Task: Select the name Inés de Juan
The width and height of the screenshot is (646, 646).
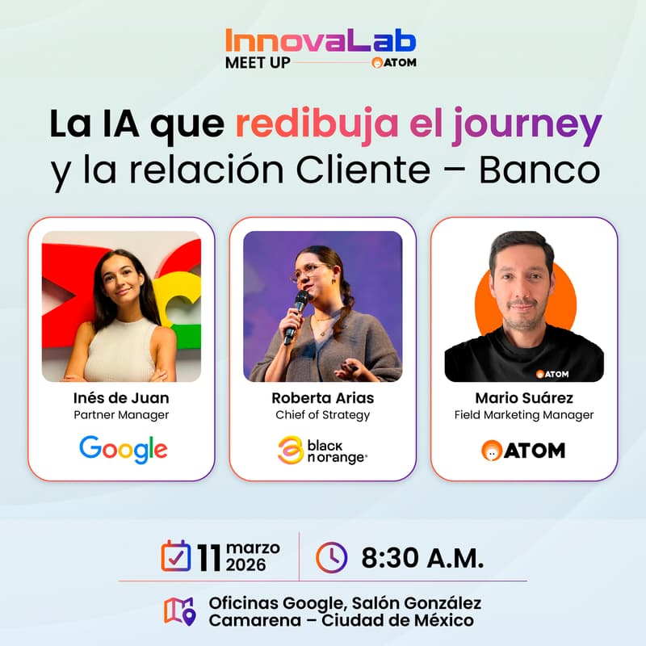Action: point(121,398)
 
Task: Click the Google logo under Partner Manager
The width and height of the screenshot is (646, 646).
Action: point(123,449)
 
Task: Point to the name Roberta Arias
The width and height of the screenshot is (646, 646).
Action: point(322,398)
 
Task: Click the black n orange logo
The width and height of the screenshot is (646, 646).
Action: point(322,450)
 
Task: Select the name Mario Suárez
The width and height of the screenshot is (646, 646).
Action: point(524,398)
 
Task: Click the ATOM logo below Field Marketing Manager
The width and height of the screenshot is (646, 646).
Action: point(523,450)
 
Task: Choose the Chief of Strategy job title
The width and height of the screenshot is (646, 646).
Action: point(322,415)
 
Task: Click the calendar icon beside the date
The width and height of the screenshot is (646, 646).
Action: point(175,556)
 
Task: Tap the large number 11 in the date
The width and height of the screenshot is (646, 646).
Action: point(208,556)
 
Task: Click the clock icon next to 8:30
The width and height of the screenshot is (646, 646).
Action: point(331,556)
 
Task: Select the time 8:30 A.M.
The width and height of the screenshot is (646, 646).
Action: point(422,557)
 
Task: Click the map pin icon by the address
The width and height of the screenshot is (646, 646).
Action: point(179,611)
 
